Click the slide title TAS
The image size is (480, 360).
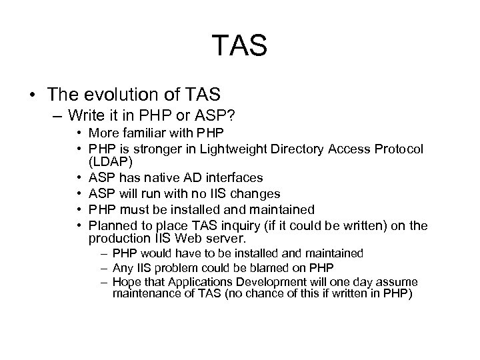click(240, 47)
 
